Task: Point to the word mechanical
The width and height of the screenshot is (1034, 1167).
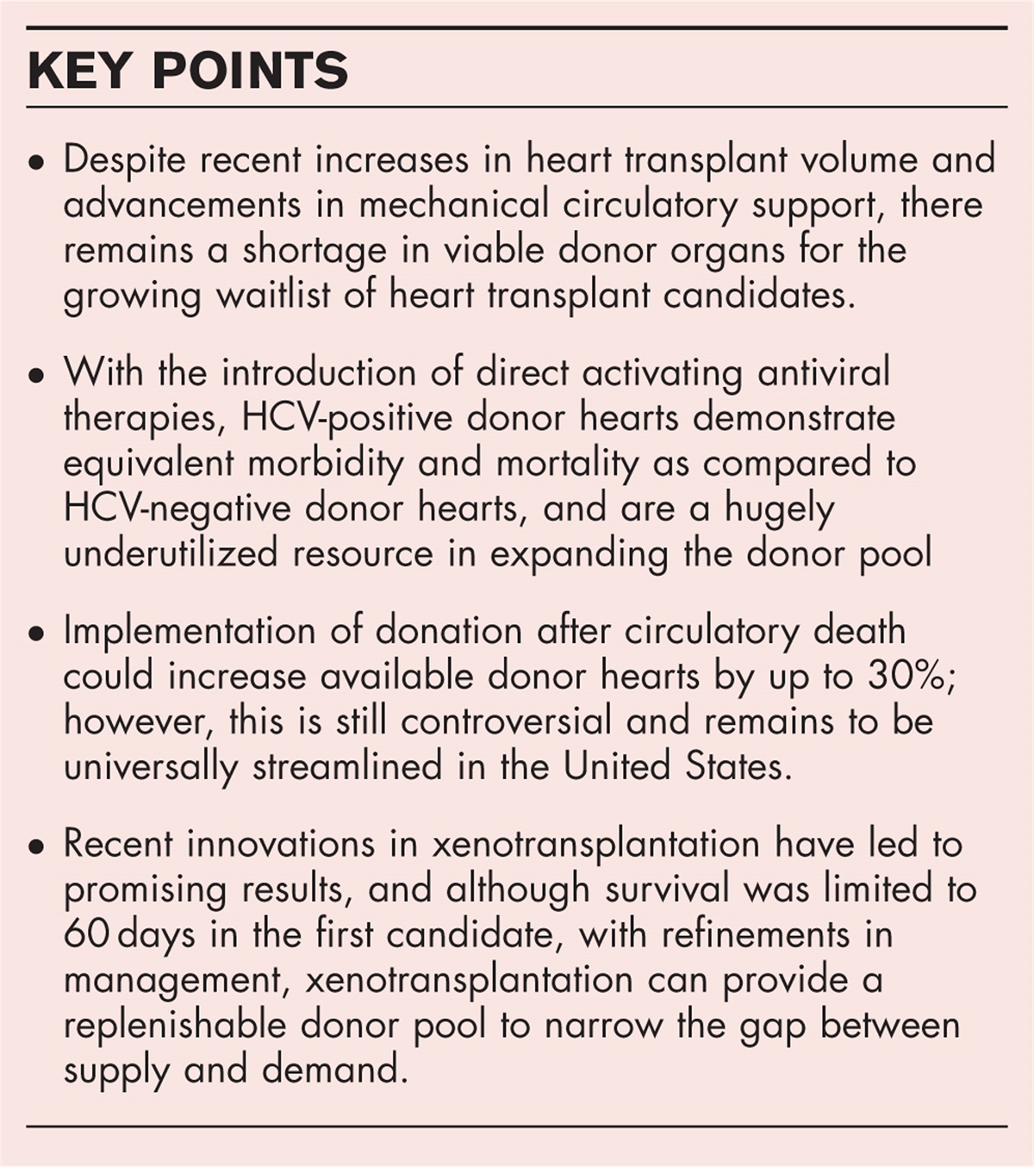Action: (452, 205)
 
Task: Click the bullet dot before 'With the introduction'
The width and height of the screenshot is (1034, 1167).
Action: (35, 376)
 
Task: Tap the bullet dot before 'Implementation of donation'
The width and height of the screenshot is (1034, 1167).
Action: (35, 634)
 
